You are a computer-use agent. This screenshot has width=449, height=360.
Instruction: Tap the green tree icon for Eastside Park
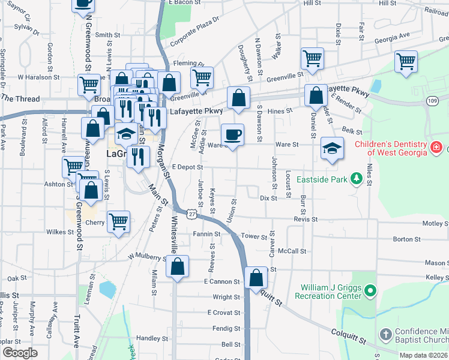point(357,178)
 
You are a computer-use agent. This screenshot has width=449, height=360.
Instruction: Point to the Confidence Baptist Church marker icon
point(385,333)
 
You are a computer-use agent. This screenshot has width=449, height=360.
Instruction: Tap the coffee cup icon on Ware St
point(232,134)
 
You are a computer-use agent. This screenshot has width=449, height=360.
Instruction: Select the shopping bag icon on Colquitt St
point(256,277)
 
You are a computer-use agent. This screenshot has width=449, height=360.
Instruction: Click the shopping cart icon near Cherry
point(119,221)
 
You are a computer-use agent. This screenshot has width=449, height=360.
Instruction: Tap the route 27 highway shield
point(191,214)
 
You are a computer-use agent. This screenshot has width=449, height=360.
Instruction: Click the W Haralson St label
point(38,77)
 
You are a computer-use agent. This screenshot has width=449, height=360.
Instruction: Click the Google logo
point(20,352)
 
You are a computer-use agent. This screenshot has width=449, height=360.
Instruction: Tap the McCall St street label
point(292,251)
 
